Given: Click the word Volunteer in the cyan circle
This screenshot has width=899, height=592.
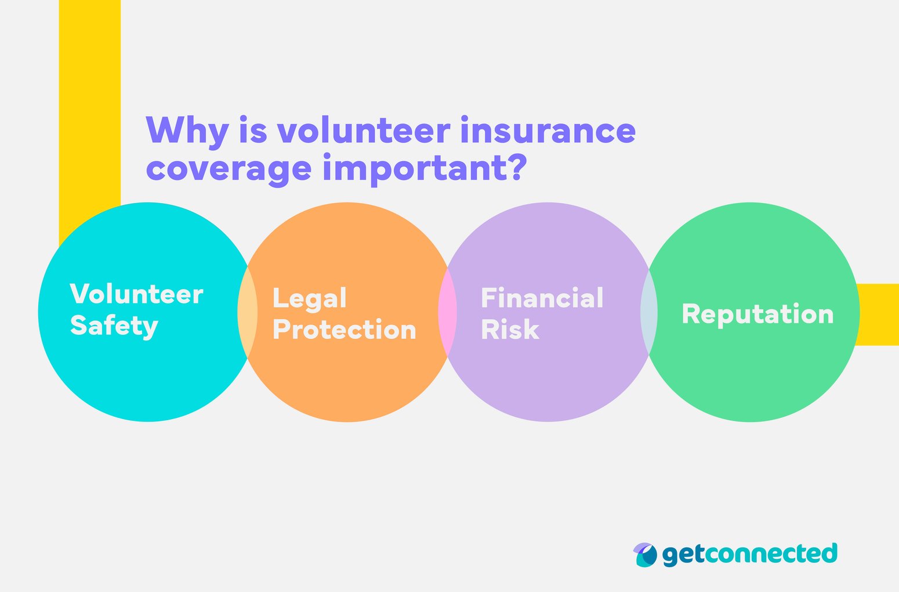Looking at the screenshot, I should click(x=136, y=294).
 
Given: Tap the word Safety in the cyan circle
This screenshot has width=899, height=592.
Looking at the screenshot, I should click(x=114, y=326).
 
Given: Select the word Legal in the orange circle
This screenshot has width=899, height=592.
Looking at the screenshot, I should click(x=309, y=298).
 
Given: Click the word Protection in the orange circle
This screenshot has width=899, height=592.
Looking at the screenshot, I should click(x=344, y=330).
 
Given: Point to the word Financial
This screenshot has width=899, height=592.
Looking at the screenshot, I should click(x=542, y=298).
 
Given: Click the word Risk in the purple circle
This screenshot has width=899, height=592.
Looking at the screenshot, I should click(x=510, y=330).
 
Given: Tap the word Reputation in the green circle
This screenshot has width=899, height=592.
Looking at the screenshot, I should click(x=757, y=314).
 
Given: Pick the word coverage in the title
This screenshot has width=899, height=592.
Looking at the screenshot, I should click(x=229, y=168).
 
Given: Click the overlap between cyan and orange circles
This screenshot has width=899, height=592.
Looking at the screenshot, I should click(x=248, y=312).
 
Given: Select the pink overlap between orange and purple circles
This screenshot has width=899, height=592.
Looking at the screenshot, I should click(x=448, y=312).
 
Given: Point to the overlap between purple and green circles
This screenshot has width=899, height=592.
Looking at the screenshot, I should click(x=649, y=312).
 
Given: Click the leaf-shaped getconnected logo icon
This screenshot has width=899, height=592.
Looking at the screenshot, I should click(x=645, y=555).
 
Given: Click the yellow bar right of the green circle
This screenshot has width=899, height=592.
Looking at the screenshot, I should click(x=879, y=314).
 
